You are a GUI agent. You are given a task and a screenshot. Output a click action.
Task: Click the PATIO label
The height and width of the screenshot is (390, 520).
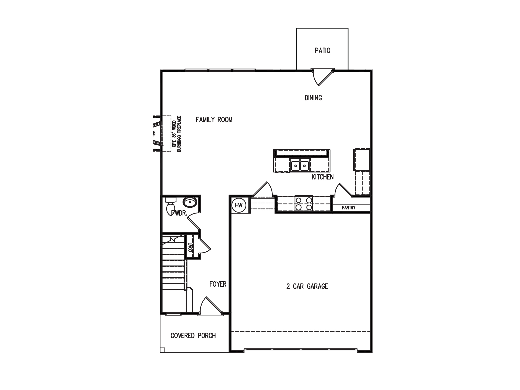point(322,51)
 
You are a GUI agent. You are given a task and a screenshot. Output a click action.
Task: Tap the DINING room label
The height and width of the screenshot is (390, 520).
point(313,98)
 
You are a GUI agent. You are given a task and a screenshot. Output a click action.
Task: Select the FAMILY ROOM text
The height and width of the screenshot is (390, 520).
point(214,120)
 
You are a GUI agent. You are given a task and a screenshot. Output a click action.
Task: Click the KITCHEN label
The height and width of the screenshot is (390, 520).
point(322,177)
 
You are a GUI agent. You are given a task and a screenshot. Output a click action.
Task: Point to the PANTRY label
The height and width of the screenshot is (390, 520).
point(349,208)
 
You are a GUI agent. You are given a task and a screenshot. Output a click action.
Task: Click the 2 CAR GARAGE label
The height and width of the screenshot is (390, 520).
point(307,286)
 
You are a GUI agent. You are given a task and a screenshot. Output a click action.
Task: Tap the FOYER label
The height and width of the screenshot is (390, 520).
point(218,284)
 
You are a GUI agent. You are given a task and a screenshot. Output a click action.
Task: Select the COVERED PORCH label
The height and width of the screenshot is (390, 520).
point(193,336)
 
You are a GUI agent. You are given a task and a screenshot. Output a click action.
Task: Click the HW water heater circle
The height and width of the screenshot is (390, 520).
point(239,205)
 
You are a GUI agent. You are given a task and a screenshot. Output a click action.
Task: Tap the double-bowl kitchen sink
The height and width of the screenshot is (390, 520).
point(300,166)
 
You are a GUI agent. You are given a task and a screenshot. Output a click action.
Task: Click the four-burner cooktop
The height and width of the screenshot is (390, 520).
point(304,204)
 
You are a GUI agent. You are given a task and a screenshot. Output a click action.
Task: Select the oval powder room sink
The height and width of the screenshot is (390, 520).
point(190,202)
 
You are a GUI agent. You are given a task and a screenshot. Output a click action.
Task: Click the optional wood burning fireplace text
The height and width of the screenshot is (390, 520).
point(177,134)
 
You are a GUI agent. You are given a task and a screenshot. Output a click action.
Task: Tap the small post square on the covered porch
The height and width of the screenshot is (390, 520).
point(162,350)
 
